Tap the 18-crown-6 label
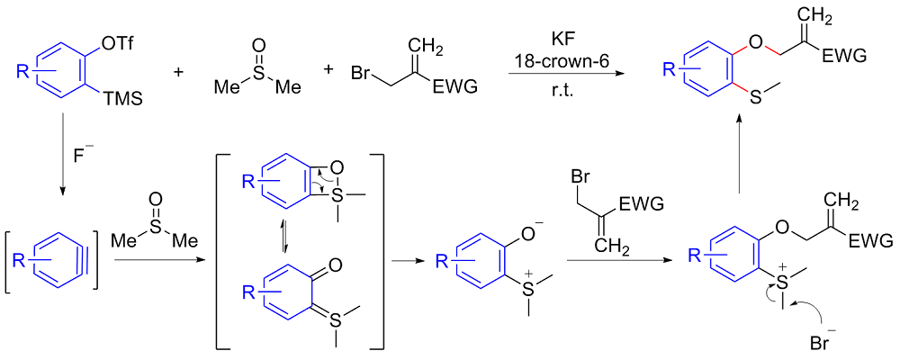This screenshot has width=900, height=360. (562, 61)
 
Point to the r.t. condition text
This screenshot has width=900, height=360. (562, 90)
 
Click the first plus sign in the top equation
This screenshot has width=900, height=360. (177, 70)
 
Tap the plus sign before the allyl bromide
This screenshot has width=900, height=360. (328, 70)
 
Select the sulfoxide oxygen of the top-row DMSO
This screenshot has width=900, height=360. (257, 44)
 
